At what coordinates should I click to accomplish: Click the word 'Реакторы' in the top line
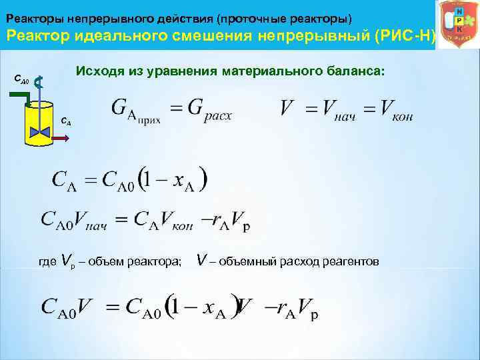[x=30, y=14]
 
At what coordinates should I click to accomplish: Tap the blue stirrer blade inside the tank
[x=41, y=131]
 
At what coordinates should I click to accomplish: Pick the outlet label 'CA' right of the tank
[x=65, y=123]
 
